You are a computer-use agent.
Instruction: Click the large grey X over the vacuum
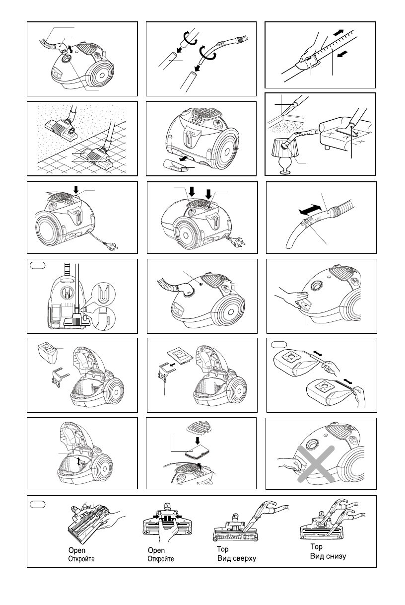316,464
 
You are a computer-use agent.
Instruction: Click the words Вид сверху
237,558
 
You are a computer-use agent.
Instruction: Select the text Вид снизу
328,556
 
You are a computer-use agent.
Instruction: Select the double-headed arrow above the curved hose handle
310,210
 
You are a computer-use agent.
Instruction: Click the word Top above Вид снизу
316,546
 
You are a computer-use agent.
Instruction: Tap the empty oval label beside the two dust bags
279,344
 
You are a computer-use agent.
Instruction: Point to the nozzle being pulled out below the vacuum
176,165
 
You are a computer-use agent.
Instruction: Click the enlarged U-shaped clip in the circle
103,294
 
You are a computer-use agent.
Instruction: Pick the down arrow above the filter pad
198,441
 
